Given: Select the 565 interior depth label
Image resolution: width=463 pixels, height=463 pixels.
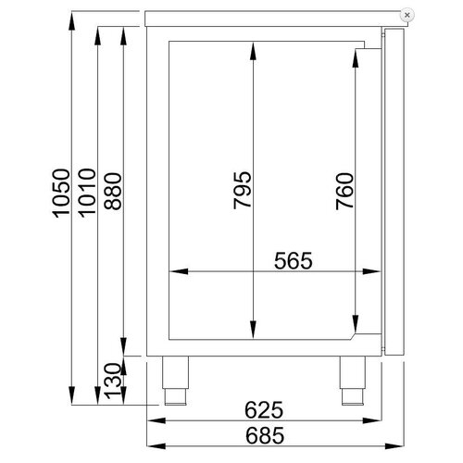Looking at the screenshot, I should [289, 260].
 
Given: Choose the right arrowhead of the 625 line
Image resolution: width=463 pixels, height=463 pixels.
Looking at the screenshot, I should [379, 420].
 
